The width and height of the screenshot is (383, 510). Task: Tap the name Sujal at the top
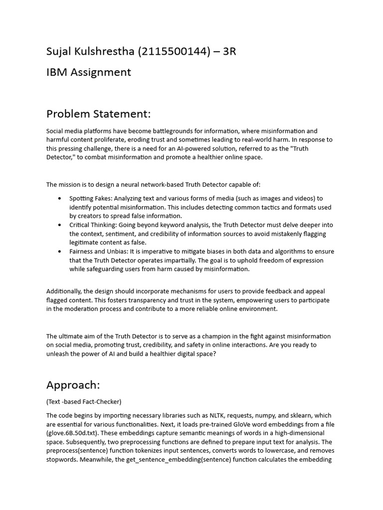click(x=60, y=51)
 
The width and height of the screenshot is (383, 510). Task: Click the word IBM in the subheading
click(x=57, y=72)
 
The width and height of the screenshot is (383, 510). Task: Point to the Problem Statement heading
click(x=98, y=114)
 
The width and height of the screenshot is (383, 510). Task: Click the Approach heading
click(x=73, y=385)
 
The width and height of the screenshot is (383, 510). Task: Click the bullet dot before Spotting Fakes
click(x=60, y=198)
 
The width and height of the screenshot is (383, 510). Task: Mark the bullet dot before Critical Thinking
click(x=60, y=225)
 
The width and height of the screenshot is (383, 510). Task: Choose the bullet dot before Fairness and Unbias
click(x=60, y=252)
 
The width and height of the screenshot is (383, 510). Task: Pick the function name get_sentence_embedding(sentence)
click(x=175, y=460)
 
